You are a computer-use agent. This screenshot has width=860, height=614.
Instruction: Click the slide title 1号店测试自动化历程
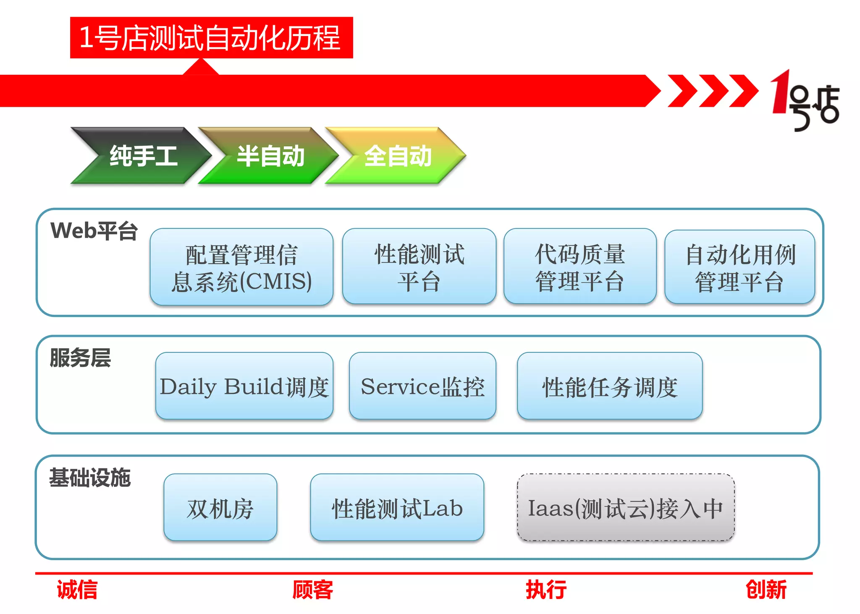pyautogui.click(x=211, y=38)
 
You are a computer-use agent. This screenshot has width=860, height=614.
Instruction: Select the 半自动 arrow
pyautogui.click(x=270, y=156)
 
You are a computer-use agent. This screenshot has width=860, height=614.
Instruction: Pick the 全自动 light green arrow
pyautogui.click(x=397, y=156)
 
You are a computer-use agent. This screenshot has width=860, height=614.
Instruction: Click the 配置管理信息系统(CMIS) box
pyautogui.click(x=241, y=267)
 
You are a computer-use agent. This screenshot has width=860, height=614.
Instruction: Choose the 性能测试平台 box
pyautogui.click(x=419, y=267)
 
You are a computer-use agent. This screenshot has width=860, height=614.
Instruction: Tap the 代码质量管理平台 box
pyautogui.click(x=580, y=267)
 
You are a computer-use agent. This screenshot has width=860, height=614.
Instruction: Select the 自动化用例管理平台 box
pyautogui.click(x=739, y=267)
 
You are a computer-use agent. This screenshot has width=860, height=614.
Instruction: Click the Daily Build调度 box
pyautogui.click(x=244, y=386)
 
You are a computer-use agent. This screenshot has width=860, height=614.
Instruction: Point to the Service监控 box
pyautogui.click(x=422, y=386)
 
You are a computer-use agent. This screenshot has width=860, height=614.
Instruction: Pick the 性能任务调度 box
pyautogui.click(x=610, y=386)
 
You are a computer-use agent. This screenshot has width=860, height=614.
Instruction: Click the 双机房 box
pyautogui.click(x=220, y=507)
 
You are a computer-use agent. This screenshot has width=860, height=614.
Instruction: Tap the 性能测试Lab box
pyautogui.click(x=397, y=507)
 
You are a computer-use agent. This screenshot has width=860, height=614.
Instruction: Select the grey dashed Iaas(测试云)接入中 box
pyautogui.click(x=626, y=507)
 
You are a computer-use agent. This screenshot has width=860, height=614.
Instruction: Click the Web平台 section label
pyautogui.click(x=94, y=231)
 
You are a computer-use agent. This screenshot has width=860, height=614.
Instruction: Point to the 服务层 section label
pyautogui.click(x=80, y=358)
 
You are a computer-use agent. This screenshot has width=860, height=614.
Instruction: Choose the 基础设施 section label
pyautogui.click(x=90, y=478)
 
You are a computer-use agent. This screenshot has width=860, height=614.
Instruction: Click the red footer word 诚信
pyautogui.click(x=77, y=589)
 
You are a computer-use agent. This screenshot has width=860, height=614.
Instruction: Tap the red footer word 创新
pyautogui.click(x=766, y=589)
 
